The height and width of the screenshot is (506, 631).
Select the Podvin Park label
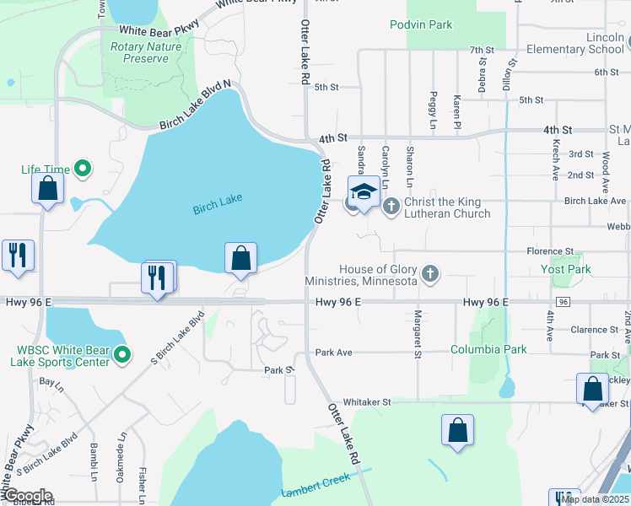[x=421, y=24]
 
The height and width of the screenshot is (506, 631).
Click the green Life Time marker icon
[x=83, y=170]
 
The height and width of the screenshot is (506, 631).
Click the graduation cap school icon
[x=364, y=192]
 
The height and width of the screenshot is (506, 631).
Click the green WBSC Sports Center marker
[x=123, y=355]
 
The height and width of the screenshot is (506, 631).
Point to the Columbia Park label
[x=488, y=349]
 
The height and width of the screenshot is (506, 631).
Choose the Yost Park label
[x=565, y=269]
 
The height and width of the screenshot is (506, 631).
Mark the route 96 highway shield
[x=563, y=302]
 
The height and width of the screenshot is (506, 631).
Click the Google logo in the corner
[x=27, y=496]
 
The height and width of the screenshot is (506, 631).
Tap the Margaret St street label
[x=418, y=333]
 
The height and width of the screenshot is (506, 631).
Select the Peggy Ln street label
[x=434, y=106]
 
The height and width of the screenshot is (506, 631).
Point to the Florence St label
[x=550, y=251]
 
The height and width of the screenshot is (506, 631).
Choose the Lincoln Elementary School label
[x=574, y=44]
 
